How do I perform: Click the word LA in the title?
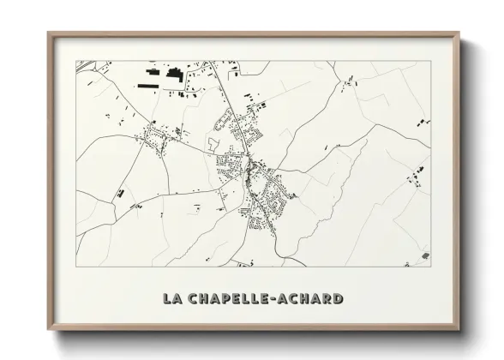[x=174, y=299]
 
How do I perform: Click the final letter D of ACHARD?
[x=339, y=299]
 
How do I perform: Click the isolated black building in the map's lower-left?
[x=121, y=194]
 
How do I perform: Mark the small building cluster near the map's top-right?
[x=349, y=81]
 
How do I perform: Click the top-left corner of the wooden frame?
[x=48, y=33]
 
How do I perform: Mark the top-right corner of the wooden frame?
[x=461, y=33]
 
